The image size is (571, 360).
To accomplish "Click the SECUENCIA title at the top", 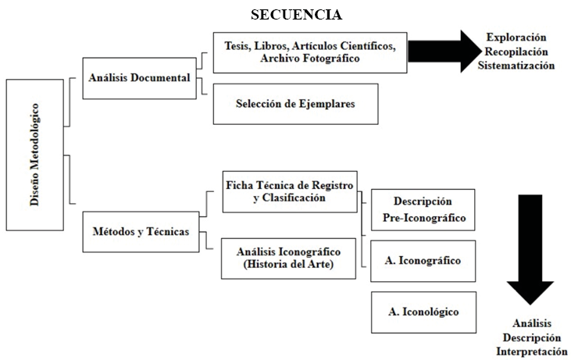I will pyautogui.click(x=296, y=15).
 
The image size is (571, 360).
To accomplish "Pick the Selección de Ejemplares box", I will pyautogui.click(x=296, y=104).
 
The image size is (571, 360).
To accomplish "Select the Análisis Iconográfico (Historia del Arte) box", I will pyautogui.click(x=289, y=258).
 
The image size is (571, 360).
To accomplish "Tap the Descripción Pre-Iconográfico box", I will pyautogui.click(x=423, y=209).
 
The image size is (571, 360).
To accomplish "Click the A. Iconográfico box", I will pyautogui.click(x=423, y=260).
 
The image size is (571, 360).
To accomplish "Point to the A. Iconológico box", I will pyautogui.click(x=423, y=312).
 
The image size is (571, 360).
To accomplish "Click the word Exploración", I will pyautogui.click(x=516, y=37).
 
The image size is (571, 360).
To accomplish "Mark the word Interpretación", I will pyautogui.click(x=531, y=352).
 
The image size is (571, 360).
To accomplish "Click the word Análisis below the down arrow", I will pyautogui.click(x=531, y=323).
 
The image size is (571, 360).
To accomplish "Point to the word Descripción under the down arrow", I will pyautogui.click(x=531, y=337).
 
